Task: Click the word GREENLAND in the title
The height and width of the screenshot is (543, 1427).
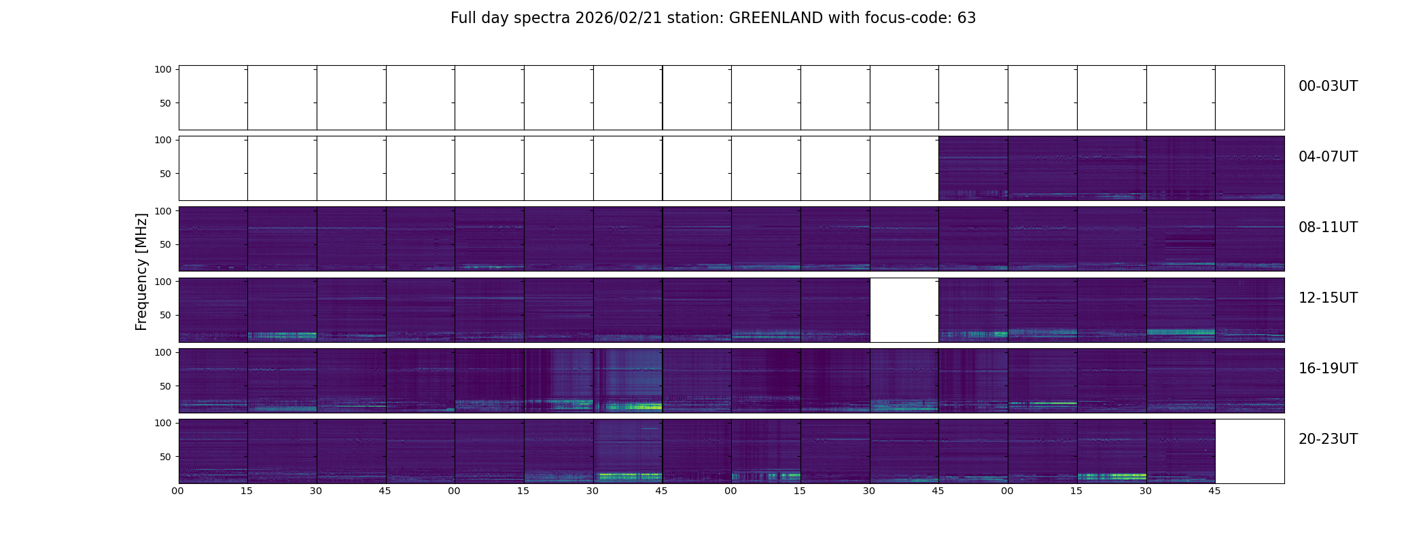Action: [x=776, y=18]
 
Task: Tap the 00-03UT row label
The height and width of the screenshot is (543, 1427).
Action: [x=1328, y=86]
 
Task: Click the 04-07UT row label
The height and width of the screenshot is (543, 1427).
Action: [x=1328, y=157]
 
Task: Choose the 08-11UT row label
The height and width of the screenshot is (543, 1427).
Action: [x=1328, y=227]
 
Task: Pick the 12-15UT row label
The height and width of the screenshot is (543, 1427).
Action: [x=1328, y=298]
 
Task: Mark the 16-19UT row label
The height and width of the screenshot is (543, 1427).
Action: [x=1328, y=369]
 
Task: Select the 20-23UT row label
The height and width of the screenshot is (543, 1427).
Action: [x=1328, y=439]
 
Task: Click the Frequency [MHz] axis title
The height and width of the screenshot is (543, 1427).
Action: [x=141, y=271]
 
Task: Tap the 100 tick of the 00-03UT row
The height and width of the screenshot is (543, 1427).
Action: [x=163, y=69]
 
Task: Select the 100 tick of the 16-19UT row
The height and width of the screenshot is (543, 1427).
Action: [x=163, y=352]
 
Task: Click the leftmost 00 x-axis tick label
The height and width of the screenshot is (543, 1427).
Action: [x=178, y=491]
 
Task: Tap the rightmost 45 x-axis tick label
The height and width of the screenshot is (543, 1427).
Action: [x=1214, y=491]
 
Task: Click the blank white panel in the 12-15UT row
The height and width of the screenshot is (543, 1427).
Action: [x=904, y=310]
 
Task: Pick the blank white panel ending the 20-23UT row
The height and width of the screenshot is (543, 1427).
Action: [x=1249, y=451]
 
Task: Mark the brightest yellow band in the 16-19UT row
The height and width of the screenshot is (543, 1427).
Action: [x=639, y=407]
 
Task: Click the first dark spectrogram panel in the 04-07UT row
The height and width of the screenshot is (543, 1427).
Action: [x=973, y=168]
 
